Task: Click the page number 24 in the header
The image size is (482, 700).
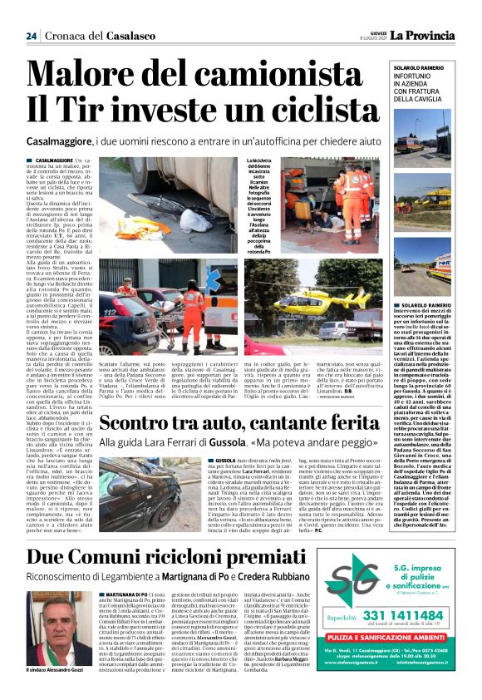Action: click(31, 36)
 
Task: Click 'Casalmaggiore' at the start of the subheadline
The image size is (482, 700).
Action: click(57, 142)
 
